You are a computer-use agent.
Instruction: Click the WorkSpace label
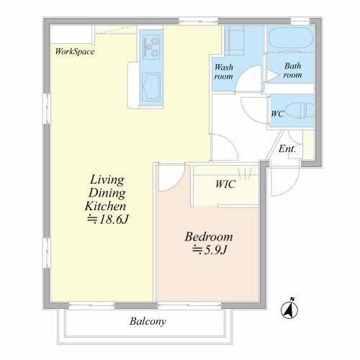pyautogui.click(x=75, y=52)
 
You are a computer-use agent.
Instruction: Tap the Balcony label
pyautogui.click(x=148, y=321)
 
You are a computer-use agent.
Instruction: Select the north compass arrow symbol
pyautogui.click(x=289, y=308)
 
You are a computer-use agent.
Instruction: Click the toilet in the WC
pyautogui.click(x=300, y=110)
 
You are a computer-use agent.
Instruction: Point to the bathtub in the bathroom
pyautogui.click(x=290, y=39)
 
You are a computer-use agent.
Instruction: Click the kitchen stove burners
pyautogui.click(x=151, y=47)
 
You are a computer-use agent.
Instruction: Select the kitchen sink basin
pyautogui.click(x=151, y=87)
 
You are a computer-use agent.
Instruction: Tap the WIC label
pyautogui.click(x=225, y=184)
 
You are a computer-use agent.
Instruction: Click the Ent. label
pyautogui.click(x=287, y=149)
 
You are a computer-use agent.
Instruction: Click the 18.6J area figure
pyautogui.click(x=108, y=219)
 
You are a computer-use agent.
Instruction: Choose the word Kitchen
pyautogui.click(x=105, y=206)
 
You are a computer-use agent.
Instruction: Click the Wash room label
pyautogui.click(x=224, y=71)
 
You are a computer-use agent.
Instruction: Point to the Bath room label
pyautogui.click(x=292, y=70)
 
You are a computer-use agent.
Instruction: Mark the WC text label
pyautogui.click(x=277, y=114)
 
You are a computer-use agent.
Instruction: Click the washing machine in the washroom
pyautogui.click(x=234, y=40)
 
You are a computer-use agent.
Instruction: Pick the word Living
pyautogui.click(x=107, y=179)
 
